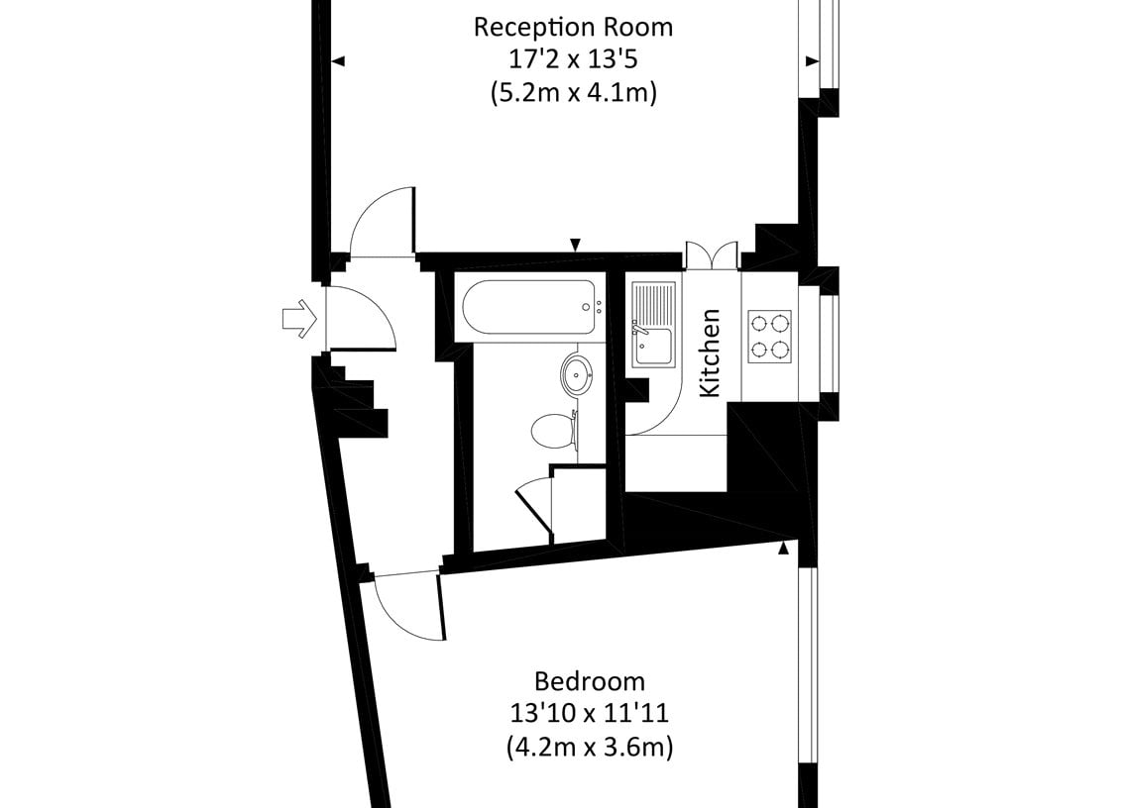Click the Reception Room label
(x=573, y=27)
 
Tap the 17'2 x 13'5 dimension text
(x=573, y=58)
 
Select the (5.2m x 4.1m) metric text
(x=573, y=93)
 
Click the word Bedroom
(x=590, y=681)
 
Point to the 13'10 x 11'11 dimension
(x=589, y=713)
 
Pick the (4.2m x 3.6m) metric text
(x=590, y=747)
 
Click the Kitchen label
(x=710, y=353)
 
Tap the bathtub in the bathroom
(x=529, y=307)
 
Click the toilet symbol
(x=554, y=430)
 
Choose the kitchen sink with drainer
(x=653, y=325)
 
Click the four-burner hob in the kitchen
(x=769, y=337)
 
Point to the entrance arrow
(x=299, y=319)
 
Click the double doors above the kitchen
(x=712, y=255)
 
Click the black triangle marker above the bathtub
(x=576, y=245)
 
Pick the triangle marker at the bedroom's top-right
(x=784, y=548)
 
